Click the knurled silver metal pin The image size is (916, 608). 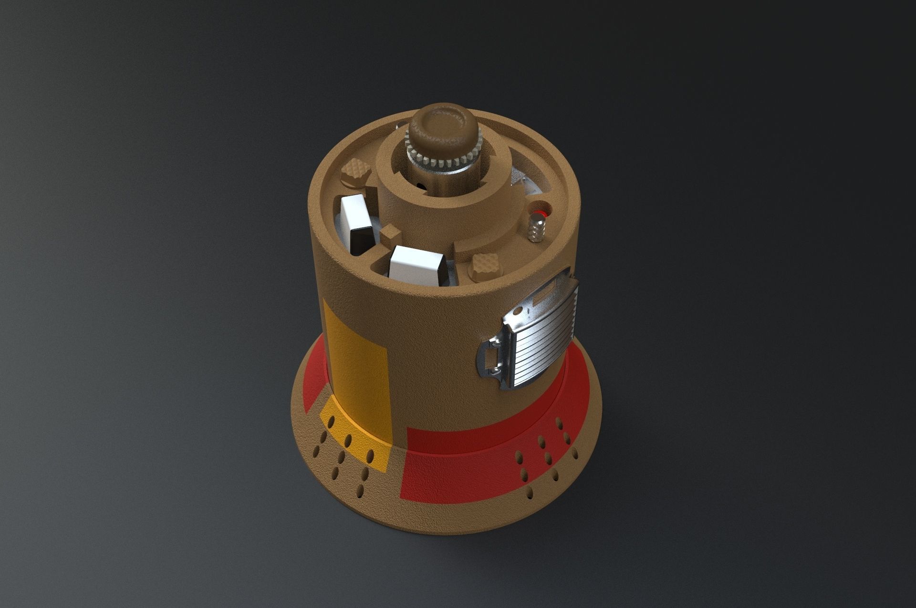pyautogui.click(x=538, y=228)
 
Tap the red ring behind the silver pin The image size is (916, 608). pyautogui.click(x=541, y=212)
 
